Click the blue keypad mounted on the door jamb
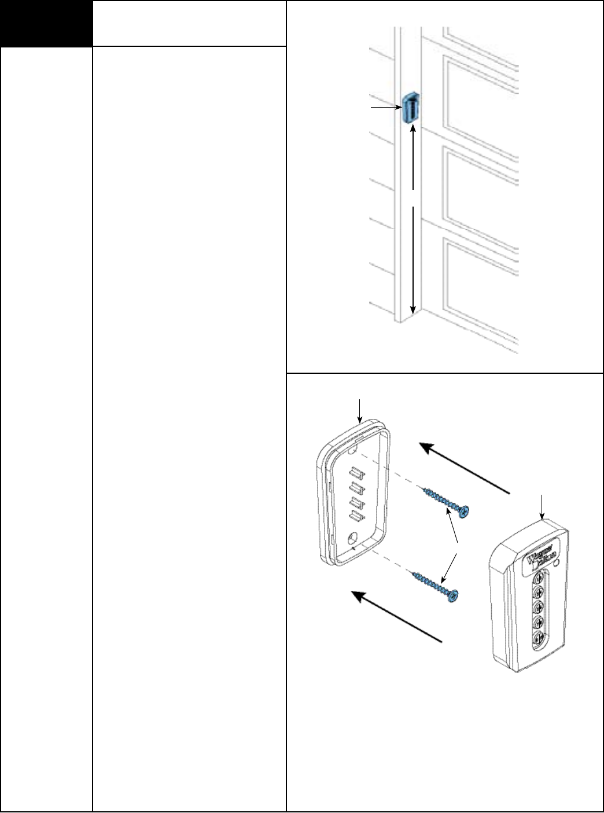click(410, 108)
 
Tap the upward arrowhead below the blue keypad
click(413, 132)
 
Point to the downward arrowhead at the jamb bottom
click(413, 308)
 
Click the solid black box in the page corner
click(46, 24)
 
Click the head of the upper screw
click(464, 510)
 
